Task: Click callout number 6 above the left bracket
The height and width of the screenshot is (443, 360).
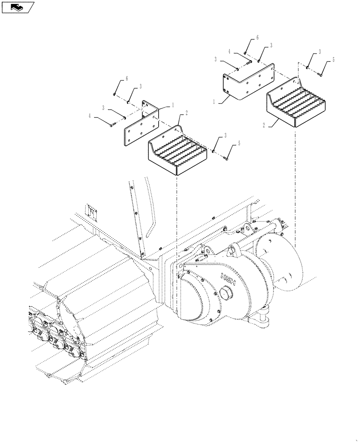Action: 127,78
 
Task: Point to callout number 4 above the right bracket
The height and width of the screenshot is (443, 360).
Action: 230,51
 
